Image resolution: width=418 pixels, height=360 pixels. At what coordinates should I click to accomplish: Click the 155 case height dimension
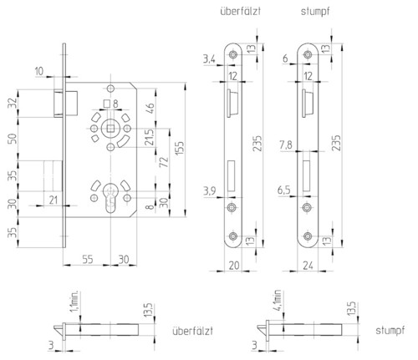point(180,148)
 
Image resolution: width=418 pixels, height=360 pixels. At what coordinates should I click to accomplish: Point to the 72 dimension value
point(164,162)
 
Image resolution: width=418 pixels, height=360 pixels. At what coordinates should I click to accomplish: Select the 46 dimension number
point(150,109)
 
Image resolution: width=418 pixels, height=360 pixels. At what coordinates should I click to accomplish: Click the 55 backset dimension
point(88,260)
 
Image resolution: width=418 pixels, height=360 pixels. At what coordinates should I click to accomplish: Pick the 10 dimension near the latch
point(39,71)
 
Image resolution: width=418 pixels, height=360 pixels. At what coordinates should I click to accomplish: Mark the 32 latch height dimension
point(13,104)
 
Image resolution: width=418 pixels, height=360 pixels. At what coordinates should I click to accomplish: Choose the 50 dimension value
point(13,139)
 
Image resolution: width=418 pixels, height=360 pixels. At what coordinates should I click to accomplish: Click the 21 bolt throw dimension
point(53,200)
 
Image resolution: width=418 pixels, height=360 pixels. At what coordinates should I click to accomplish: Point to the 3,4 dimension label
point(209,59)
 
